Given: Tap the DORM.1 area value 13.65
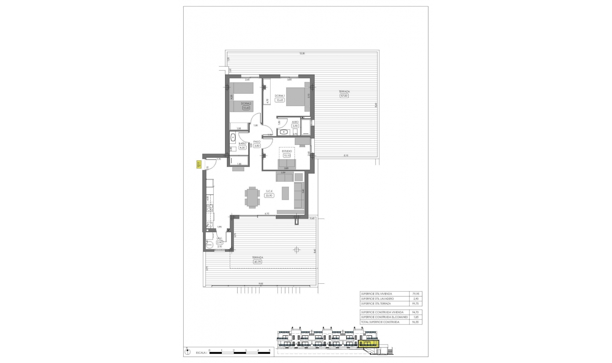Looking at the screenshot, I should pos(280,100).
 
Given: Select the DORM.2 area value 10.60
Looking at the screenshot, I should pos(246,108).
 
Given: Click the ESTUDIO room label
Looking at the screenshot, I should pos(287,151).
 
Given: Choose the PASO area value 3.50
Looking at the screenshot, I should pos(257,146).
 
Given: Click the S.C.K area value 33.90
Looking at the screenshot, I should pos(269,196).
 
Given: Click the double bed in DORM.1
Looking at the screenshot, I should pos(298,96).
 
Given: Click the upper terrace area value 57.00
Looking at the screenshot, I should pos(344,96).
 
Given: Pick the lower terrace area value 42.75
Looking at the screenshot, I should pos(258,262).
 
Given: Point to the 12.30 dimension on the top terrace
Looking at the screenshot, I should pos(302,53).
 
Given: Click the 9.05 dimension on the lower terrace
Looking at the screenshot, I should pos(261,283).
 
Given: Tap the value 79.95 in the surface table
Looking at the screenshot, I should pos(415,294).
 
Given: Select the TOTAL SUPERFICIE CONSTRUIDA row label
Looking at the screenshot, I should pos(380,322).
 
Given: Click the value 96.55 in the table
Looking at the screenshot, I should pos(415,322).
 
